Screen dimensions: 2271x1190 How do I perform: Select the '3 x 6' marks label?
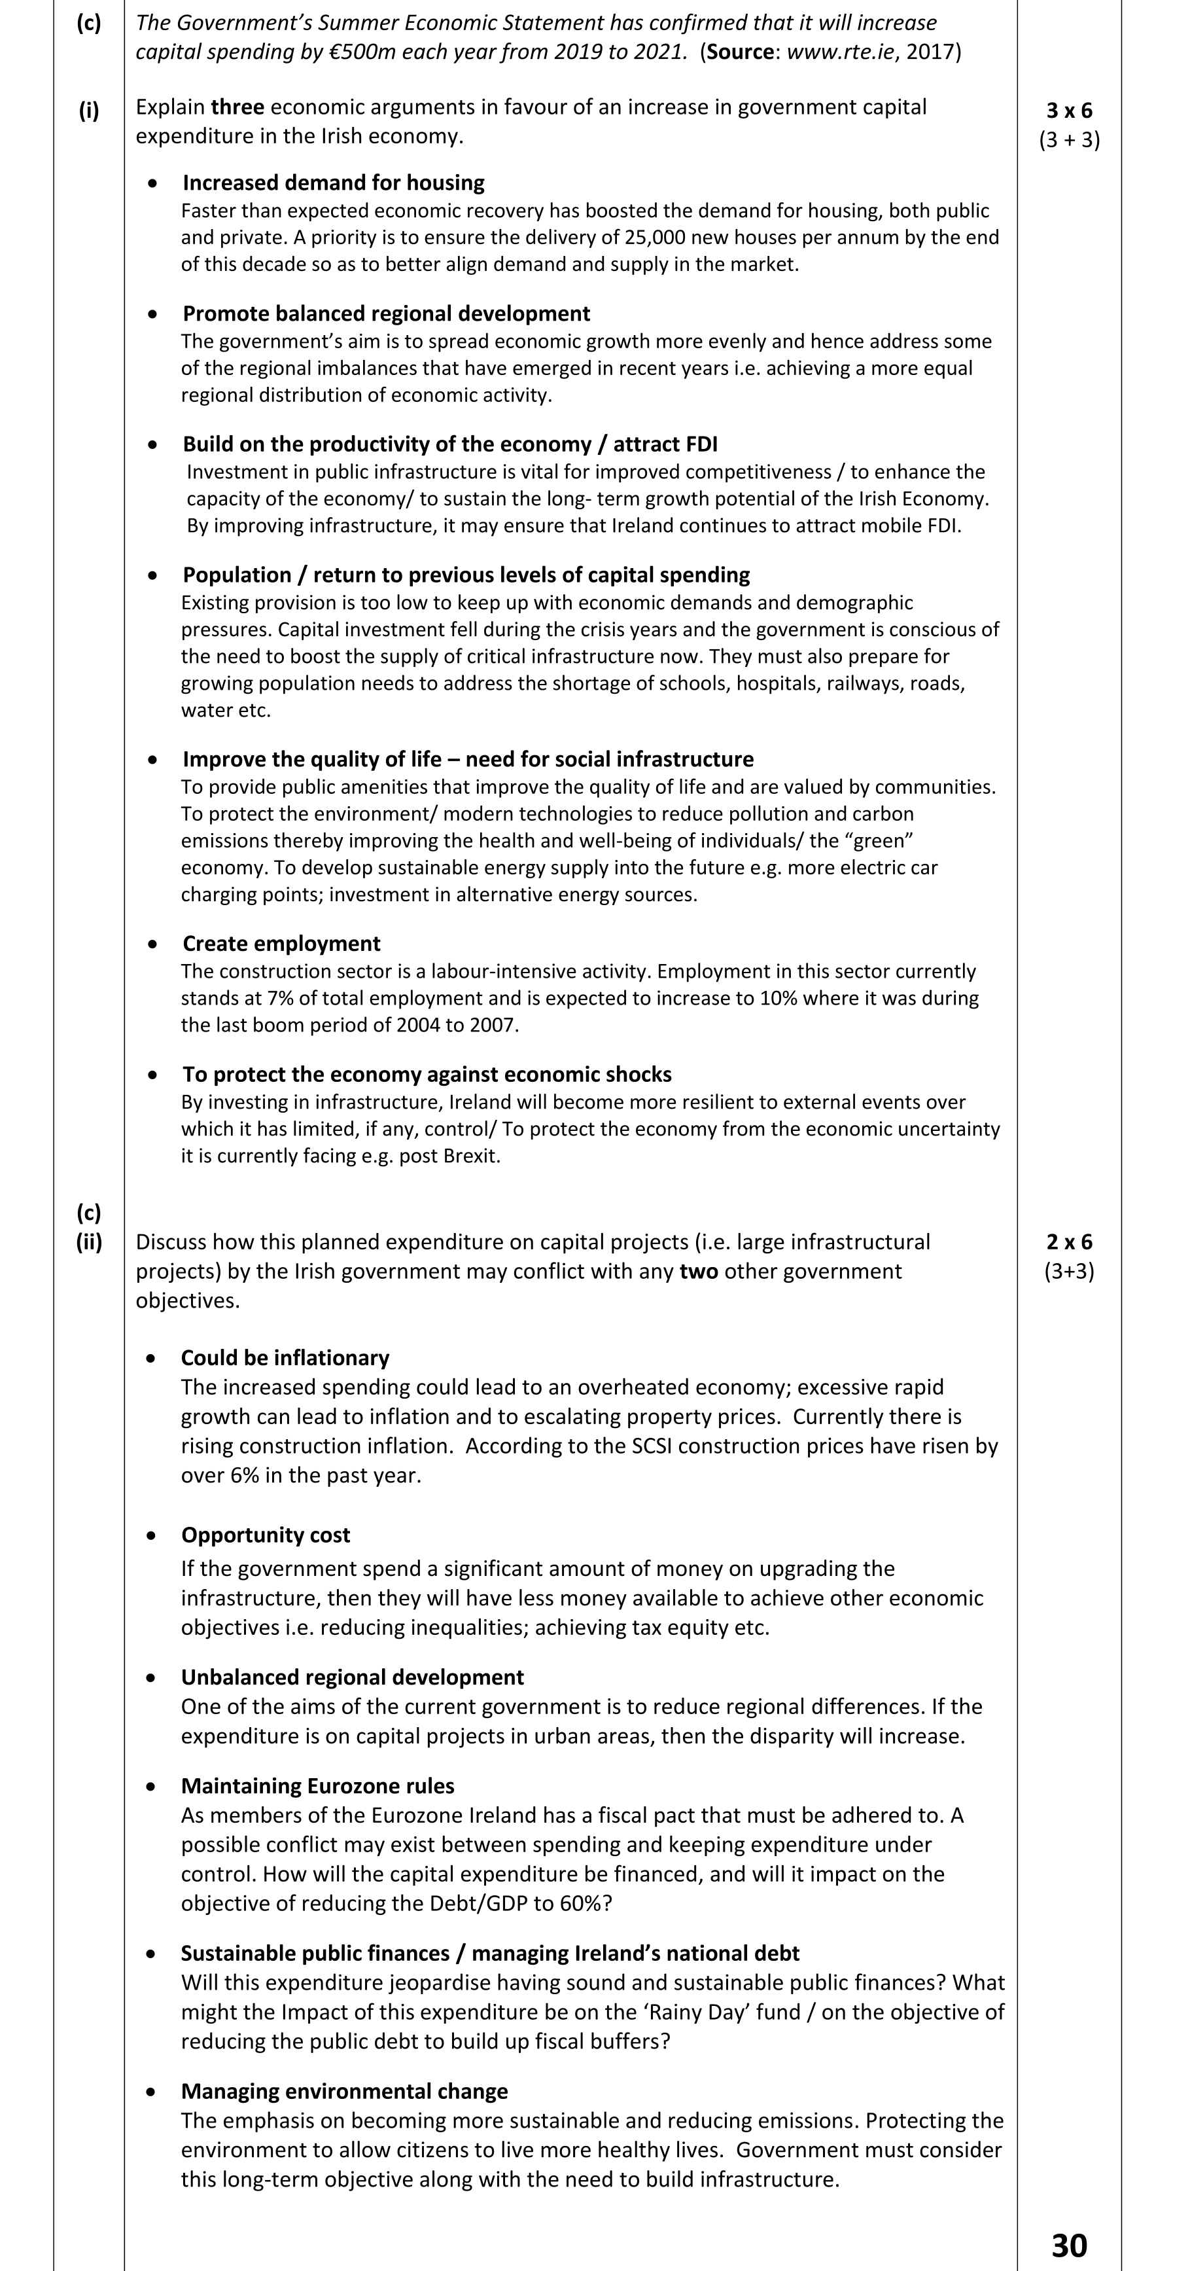1069,110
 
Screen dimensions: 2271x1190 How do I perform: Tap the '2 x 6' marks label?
1069,1242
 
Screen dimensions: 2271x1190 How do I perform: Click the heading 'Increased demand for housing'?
333,183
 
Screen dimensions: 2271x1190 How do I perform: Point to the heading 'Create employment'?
281,943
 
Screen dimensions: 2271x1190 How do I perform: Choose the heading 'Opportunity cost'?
266,1535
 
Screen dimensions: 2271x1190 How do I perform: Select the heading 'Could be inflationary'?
285,1357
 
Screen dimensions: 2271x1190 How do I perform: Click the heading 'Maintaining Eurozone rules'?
317,1786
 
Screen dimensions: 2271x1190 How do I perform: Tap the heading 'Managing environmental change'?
343,2091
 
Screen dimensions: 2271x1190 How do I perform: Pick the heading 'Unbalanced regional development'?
352,1677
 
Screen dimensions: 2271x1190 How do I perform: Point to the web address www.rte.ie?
840,51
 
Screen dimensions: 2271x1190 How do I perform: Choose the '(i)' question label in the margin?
89,110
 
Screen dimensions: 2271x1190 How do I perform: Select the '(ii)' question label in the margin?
89,1242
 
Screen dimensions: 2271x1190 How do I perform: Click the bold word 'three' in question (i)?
237,107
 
